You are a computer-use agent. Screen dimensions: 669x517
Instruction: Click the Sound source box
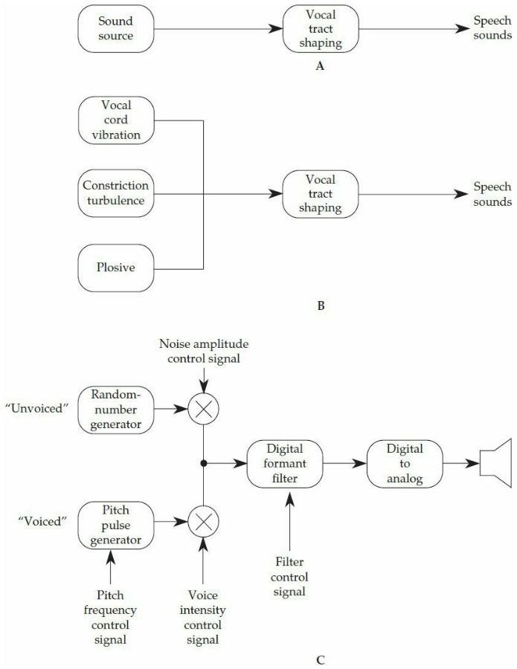pyautogui.click(x=115, y=29)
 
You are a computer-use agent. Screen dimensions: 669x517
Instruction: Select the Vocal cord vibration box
pyautogui.click(x=115, y=121)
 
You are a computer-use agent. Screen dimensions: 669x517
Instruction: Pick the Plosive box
pyautogui.click(x=115, y=267)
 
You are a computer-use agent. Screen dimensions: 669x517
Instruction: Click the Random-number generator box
pyautogui.click(x=115, y=407)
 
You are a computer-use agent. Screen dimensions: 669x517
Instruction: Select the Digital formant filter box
pyautogui.click(x=285, y=463)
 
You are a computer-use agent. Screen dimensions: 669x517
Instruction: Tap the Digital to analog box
pyautogui.click(x=405, y=463)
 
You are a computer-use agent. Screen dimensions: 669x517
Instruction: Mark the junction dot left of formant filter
pyautogui.click(x=203, y=463)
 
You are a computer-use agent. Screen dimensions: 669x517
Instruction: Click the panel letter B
pyautogui.click(x=321, y=305)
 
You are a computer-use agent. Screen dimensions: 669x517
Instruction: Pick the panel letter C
pyautogui.click(x=321, y=658)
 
